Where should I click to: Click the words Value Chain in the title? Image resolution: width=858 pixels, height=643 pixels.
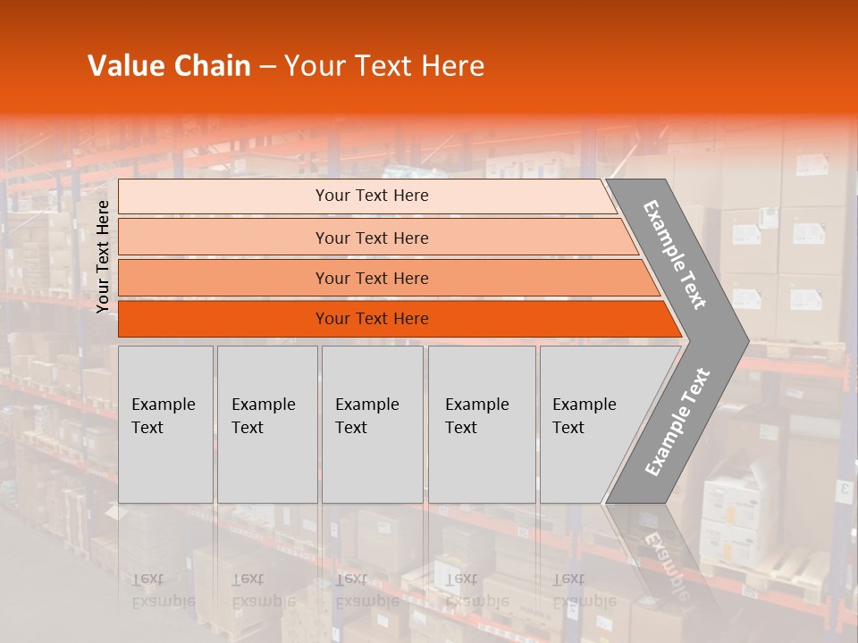[x=169, y=66]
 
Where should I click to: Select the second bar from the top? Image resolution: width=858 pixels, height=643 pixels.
[x=372, y=238]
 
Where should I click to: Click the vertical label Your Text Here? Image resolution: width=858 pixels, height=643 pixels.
[x=103, y=256]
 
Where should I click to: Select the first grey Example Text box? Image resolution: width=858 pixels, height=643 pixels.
[x=165, y=424]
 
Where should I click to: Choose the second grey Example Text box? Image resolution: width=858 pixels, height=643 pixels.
[x=267, y=424]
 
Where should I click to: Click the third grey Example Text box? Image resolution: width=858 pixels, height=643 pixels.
[x=372, y=424]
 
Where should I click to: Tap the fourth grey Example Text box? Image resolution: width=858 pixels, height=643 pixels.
[x=482, y=424]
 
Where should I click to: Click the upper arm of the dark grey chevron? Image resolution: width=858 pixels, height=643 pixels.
[x=675, y=255]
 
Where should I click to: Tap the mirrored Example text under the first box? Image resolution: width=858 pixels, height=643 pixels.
[x=164, y=600]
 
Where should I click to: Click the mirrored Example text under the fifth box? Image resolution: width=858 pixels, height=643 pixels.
[x=585, y=600]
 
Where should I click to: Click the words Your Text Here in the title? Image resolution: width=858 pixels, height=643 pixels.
[x=384, y=66]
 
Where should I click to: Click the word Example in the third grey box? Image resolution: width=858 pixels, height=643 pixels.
[x=366, y=405]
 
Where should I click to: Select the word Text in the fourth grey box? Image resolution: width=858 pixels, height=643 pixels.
[x=461, y=428]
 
